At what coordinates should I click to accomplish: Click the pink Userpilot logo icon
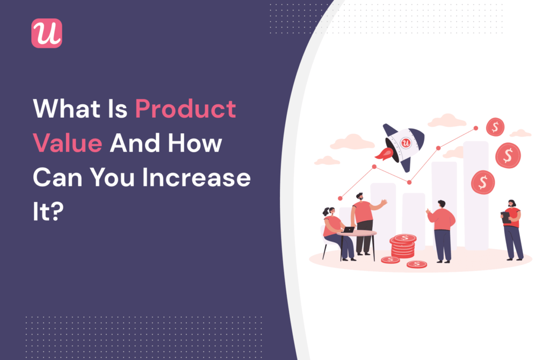[x=47, y=33]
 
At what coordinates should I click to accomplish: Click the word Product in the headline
[x=185, y=109]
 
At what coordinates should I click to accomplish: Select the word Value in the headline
[x=67, y=143]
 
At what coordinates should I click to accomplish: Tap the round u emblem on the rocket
[x=407, y=142]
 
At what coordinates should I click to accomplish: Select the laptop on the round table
[x=348, y=229]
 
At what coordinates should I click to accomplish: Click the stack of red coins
[x=403, y=246]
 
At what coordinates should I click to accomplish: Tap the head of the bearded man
[x=360, y=197]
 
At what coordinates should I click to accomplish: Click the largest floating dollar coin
[x=508, y=156]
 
